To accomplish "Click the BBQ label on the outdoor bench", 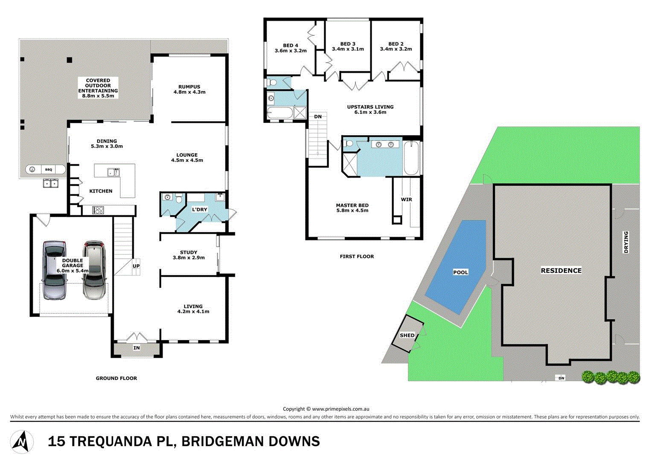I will tap(49, 170).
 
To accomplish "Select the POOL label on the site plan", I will tap(460, 272).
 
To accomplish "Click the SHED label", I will tap(407, 336).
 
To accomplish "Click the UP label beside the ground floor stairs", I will tap(136, 266).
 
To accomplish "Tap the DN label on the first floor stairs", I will tap(318, 117).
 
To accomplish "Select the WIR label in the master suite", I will tap(406, 199).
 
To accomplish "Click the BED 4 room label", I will tap(291, 46).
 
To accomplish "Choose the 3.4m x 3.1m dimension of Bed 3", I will tap(348, 49).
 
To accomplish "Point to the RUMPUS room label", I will tap(189, 87).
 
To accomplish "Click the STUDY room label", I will tap(189, 252).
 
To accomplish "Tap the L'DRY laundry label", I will tap(199, 210).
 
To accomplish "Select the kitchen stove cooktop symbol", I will tap(99, 210).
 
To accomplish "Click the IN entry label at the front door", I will tap(137, 348).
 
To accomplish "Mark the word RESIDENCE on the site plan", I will tap(561, 271).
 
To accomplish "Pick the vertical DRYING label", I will tap(626, 242).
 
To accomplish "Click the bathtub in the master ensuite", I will tap(411, 158).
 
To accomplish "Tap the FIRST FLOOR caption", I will tap(357, 257).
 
